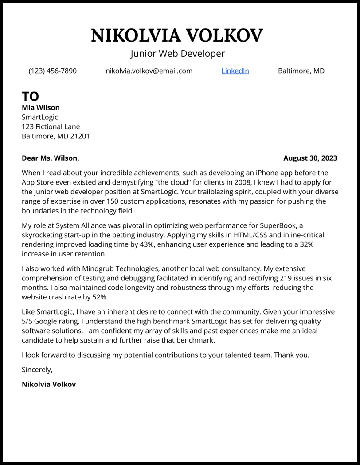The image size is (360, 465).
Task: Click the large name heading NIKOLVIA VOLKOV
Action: [177, 35]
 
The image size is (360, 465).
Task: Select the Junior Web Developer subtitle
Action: [177, 54]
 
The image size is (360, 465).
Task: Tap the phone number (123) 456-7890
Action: [52, 71]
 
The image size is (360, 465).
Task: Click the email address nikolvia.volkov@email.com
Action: [149, 71]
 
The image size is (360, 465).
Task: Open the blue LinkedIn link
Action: [235, 71]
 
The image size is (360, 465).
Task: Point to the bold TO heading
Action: [31, 96]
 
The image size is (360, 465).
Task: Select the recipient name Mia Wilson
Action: [40, 107]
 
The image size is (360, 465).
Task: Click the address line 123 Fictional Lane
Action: [51, 126]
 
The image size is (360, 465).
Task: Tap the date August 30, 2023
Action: [310, 158]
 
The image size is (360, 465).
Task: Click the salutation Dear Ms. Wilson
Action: [50, 158]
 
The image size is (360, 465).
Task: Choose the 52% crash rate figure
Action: [100, 297]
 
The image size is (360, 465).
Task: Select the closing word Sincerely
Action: [37, 370]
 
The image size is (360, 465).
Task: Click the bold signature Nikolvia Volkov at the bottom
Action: [49, 384]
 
